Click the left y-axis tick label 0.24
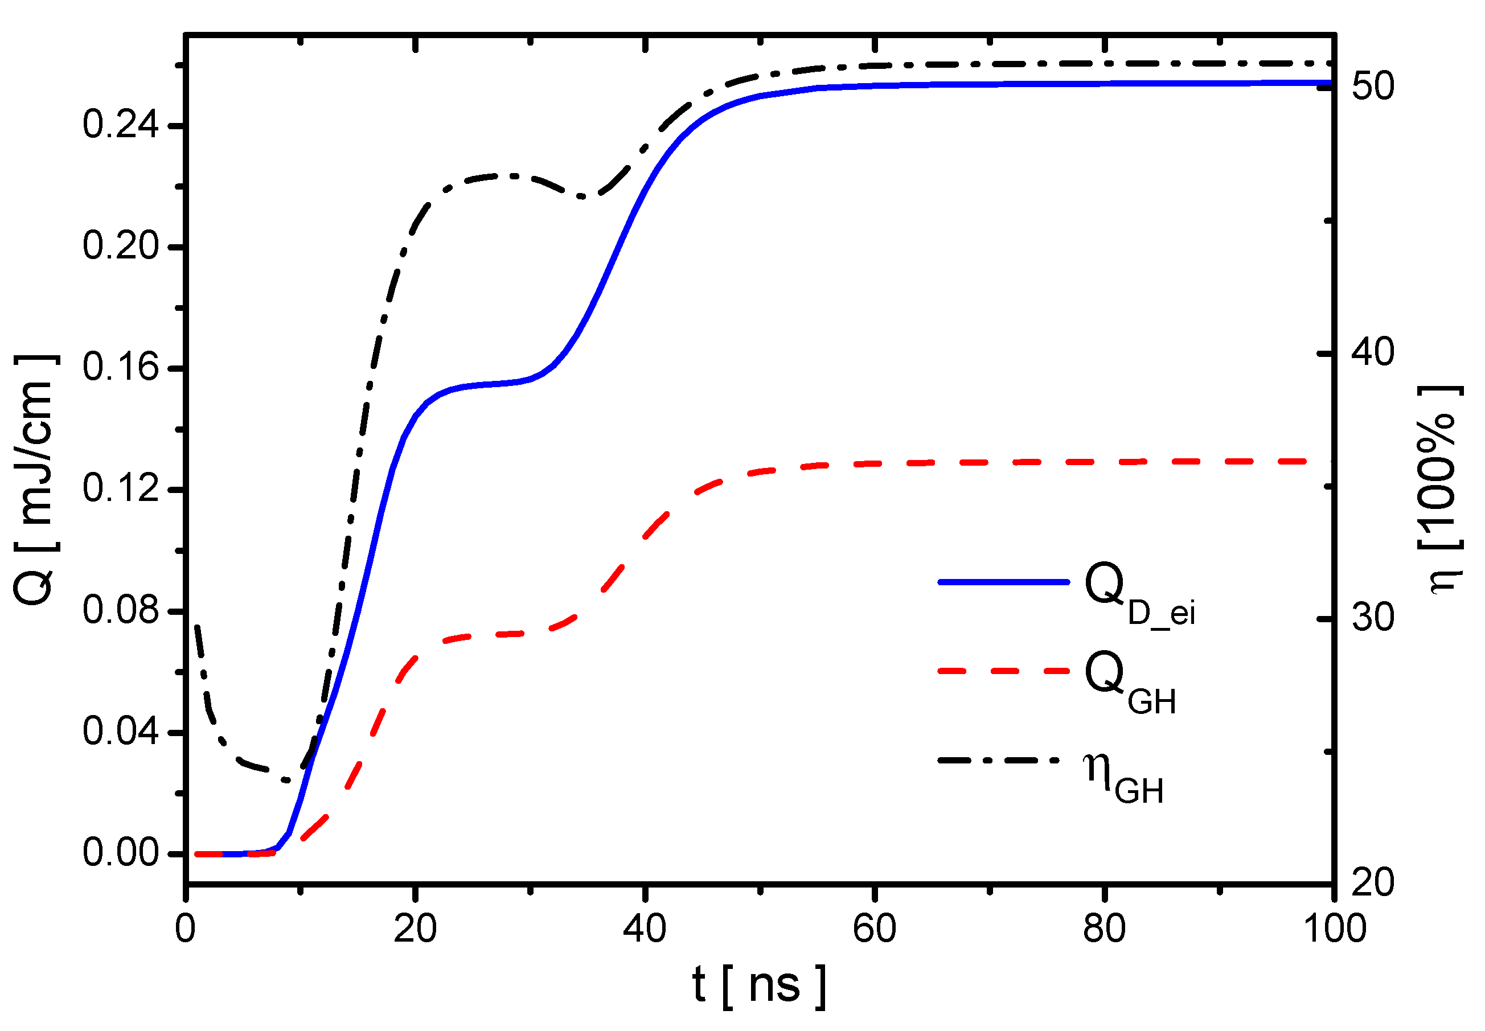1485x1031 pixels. click(120, 125)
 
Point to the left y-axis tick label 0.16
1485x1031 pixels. click(120, 368)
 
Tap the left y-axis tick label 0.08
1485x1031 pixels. click(120, 610)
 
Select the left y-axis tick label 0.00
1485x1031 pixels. click(120, 853)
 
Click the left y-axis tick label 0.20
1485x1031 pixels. click(120, 246)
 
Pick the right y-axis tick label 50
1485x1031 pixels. click(1373, 86)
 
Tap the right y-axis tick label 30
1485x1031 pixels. click(1373, 618)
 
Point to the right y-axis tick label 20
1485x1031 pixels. click(1373, 882)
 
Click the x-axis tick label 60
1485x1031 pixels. click(874, 929)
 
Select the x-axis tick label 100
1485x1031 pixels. click(1335, 929)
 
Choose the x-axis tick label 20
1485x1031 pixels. click(415, 929)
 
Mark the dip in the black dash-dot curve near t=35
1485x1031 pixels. click(583, 196)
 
